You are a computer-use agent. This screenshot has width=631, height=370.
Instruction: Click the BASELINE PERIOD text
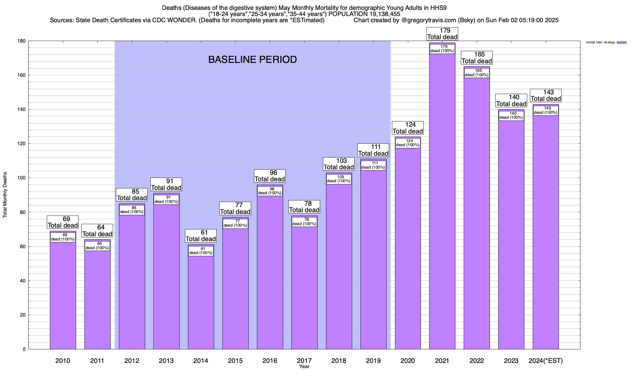point(252,60)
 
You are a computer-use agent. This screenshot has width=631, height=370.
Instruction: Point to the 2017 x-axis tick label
point(304,360)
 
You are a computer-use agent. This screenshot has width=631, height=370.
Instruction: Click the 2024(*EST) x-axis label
point(546,360)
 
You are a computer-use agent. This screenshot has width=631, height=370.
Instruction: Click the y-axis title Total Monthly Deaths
point(5,195)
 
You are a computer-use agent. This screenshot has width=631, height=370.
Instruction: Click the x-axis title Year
point(304,366)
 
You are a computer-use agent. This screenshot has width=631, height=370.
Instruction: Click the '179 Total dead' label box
point(442,34)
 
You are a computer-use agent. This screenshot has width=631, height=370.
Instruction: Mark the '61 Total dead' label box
point(201,236)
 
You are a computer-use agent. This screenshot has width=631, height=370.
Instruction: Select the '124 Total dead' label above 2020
point(408,128)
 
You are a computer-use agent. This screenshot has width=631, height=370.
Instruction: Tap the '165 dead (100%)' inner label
point(477,73)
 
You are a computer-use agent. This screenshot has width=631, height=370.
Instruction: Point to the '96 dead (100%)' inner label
point(270,191)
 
